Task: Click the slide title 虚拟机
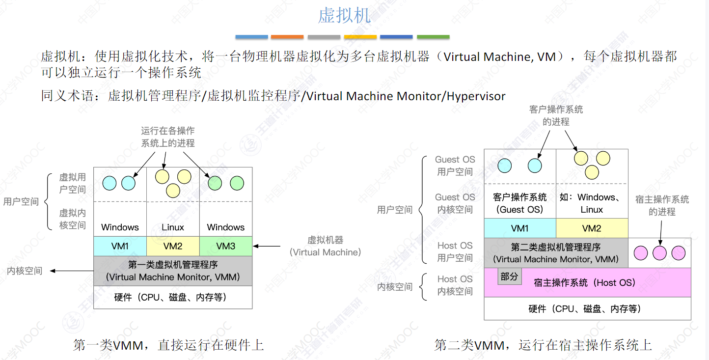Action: tap(344, 15)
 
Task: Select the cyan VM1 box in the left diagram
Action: tap(120, 246)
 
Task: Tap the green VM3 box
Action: tap(226, 246)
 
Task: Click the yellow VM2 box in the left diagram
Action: tap(173, 246)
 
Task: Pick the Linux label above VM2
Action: tap(173, 227)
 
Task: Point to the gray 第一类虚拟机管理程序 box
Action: tap(173, 271)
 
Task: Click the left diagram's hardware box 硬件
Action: tap(173, 297)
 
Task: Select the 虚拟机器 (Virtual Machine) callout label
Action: tap(325, 246)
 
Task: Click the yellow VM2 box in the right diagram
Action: tap(592, 228)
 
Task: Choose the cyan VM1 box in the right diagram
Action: tap(520, 228)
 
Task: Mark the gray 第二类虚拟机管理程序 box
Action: tap(556, 253)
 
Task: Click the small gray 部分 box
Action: tap(509, 277)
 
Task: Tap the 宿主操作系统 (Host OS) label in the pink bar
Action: tap(584, 283)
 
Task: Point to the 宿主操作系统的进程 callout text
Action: tap(662, 205)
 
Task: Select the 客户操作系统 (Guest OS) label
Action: tap(520, 203)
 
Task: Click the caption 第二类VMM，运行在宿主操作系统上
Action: tap(543, 345)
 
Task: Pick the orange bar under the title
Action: tap(287, 37)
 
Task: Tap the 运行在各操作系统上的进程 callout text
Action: tap(168, 137)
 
